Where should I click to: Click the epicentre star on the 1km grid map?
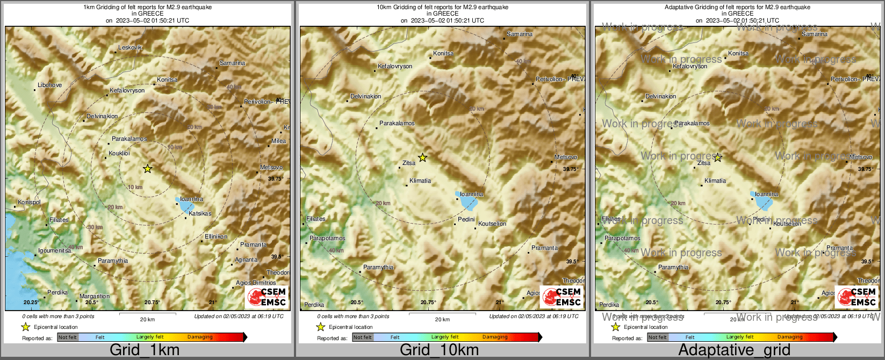coord(148,169)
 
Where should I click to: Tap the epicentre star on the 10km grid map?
coord(423,157)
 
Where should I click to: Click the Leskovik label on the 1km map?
coord(130,48)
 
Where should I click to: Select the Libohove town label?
coord(50,85)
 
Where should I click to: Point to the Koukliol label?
coord(119,153)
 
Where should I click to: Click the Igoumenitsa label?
coord(54,251)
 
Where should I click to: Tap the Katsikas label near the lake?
coord(200,213)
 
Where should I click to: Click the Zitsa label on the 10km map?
coord(409,163)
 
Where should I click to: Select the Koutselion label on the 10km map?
coord(492,224)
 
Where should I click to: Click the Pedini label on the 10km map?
coord(466,219)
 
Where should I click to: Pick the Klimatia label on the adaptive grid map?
coord(715,181)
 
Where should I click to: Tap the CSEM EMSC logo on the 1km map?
coord(268,297)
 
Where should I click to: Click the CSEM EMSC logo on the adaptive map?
coord(858,297)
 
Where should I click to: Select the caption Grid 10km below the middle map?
coord(439,350)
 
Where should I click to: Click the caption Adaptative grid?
coord(734,350)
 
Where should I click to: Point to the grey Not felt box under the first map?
coord(68,337)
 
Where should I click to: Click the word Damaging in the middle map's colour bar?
coord(495,337)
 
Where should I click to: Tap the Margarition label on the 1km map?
coord(95,296)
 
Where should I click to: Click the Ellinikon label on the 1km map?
coord(216,236)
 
